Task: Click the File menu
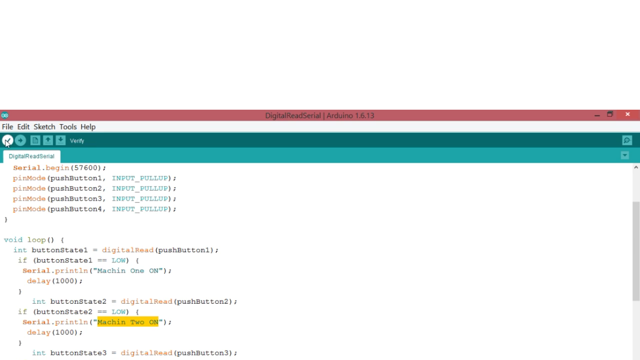point(7,127)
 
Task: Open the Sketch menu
point(45,127)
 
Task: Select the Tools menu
point(68,127)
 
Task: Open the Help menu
point(88,127)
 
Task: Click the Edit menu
point(23,127)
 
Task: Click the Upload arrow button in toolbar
point(20,140)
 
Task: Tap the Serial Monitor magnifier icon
point(627,140)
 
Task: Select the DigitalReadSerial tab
point(31,156)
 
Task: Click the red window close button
point(628,114)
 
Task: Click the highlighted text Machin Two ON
point(128,322)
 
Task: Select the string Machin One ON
point(128,271)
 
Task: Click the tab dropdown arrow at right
point(625,155)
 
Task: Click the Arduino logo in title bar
point(5,115)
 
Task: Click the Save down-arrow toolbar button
point(60,140)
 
